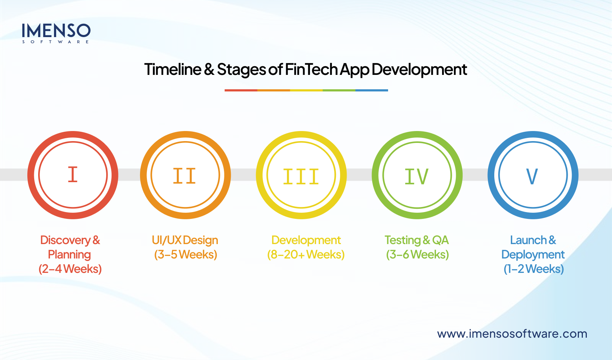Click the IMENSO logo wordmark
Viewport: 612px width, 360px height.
coord(56,31)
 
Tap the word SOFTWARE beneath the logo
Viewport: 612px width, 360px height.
coord(56,42)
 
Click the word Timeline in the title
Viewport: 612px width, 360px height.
coord(172,69)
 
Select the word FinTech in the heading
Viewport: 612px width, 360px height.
coord(311,69)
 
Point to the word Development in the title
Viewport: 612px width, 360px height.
coord(419,69)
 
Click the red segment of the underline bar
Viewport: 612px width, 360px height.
coord(241,90)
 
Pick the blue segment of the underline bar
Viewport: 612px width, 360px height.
coord(372,90)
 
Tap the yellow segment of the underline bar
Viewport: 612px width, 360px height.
coord(306,90)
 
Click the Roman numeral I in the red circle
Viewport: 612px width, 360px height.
coord(73,175)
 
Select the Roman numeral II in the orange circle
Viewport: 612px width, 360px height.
coord(185,176)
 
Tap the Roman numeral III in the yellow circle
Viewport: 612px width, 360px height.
coord(301,176)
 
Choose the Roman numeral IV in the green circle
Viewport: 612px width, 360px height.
coord(417,176)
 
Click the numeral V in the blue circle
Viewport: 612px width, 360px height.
coord(532,176)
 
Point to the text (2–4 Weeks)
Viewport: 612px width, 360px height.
coord(70,269)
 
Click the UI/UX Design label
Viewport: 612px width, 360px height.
coord(185,240)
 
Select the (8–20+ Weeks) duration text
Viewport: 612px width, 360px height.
coord(306,255)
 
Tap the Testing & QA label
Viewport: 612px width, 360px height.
coord(417,240)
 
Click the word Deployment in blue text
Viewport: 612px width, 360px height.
coord(533,255)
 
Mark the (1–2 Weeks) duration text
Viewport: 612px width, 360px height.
coord(534,269)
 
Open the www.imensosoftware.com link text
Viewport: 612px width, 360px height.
coord(512,334)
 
